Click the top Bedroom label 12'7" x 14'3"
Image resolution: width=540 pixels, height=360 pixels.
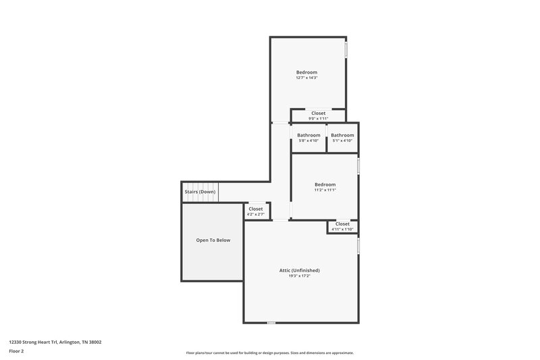point(306,75)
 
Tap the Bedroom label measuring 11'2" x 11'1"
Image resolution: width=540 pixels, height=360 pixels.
point(325,187)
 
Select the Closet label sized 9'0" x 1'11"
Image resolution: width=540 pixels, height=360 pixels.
point(318,115)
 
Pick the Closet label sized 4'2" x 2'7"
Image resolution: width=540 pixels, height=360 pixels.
point(255,211)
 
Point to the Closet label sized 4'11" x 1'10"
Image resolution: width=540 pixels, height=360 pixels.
point(342,226)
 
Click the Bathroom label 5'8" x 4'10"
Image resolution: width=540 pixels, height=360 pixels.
point(308,138)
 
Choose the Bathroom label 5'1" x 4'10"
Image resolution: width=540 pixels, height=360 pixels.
point(342,138)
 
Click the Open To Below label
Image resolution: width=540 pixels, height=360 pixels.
point(213,240)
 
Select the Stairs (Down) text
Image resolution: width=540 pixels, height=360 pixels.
point(200,192)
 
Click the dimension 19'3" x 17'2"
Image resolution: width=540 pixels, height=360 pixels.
point(300,276)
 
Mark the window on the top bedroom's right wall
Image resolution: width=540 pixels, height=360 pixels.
point(346,51)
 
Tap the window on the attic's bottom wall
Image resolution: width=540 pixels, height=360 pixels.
point(271,323)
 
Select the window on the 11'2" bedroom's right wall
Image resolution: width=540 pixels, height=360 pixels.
point(358,165)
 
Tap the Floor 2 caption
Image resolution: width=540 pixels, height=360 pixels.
point(16,351)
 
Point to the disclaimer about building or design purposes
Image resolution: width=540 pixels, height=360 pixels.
point(270,353)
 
